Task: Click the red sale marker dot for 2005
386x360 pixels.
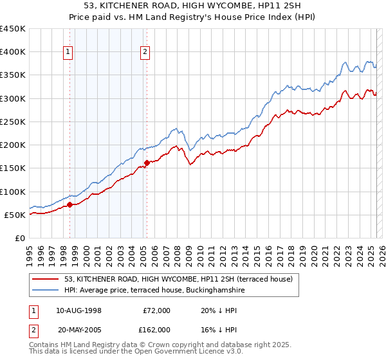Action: (147, 163)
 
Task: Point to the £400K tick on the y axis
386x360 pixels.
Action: (13, 52)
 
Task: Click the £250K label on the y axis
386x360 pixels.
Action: (13, 122)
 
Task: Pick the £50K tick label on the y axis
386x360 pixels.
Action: (15, 215)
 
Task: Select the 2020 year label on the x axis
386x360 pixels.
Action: (313, 250)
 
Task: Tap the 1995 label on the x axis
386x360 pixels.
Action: (30, 250)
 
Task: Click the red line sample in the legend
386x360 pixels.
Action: (46, 279)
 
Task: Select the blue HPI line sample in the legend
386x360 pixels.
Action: (46, 290)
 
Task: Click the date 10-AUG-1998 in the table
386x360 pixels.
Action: (78, 310)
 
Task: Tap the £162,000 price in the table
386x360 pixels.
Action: (157, 329)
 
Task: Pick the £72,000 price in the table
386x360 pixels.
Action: (157, 310)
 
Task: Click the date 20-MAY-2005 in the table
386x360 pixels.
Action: (78, 329)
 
